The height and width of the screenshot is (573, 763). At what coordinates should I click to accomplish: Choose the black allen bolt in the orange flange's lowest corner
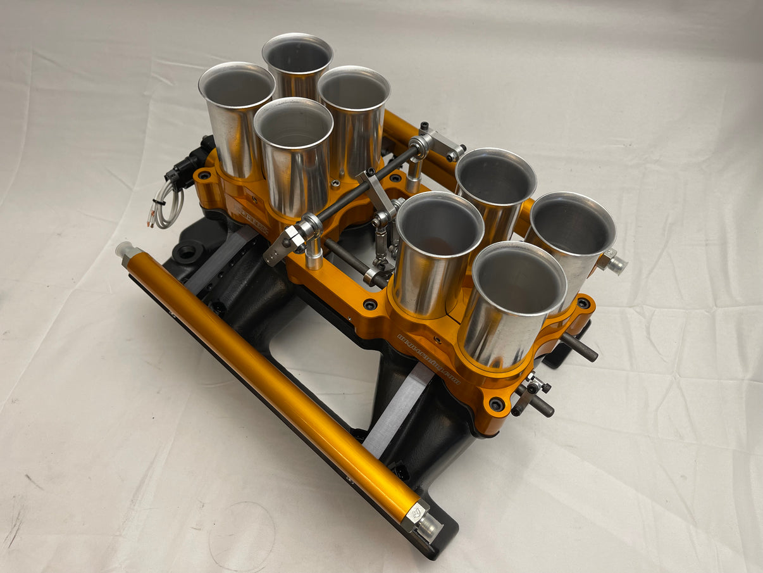(497, 403)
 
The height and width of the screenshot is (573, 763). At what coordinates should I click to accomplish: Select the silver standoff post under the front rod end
(314, 256)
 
